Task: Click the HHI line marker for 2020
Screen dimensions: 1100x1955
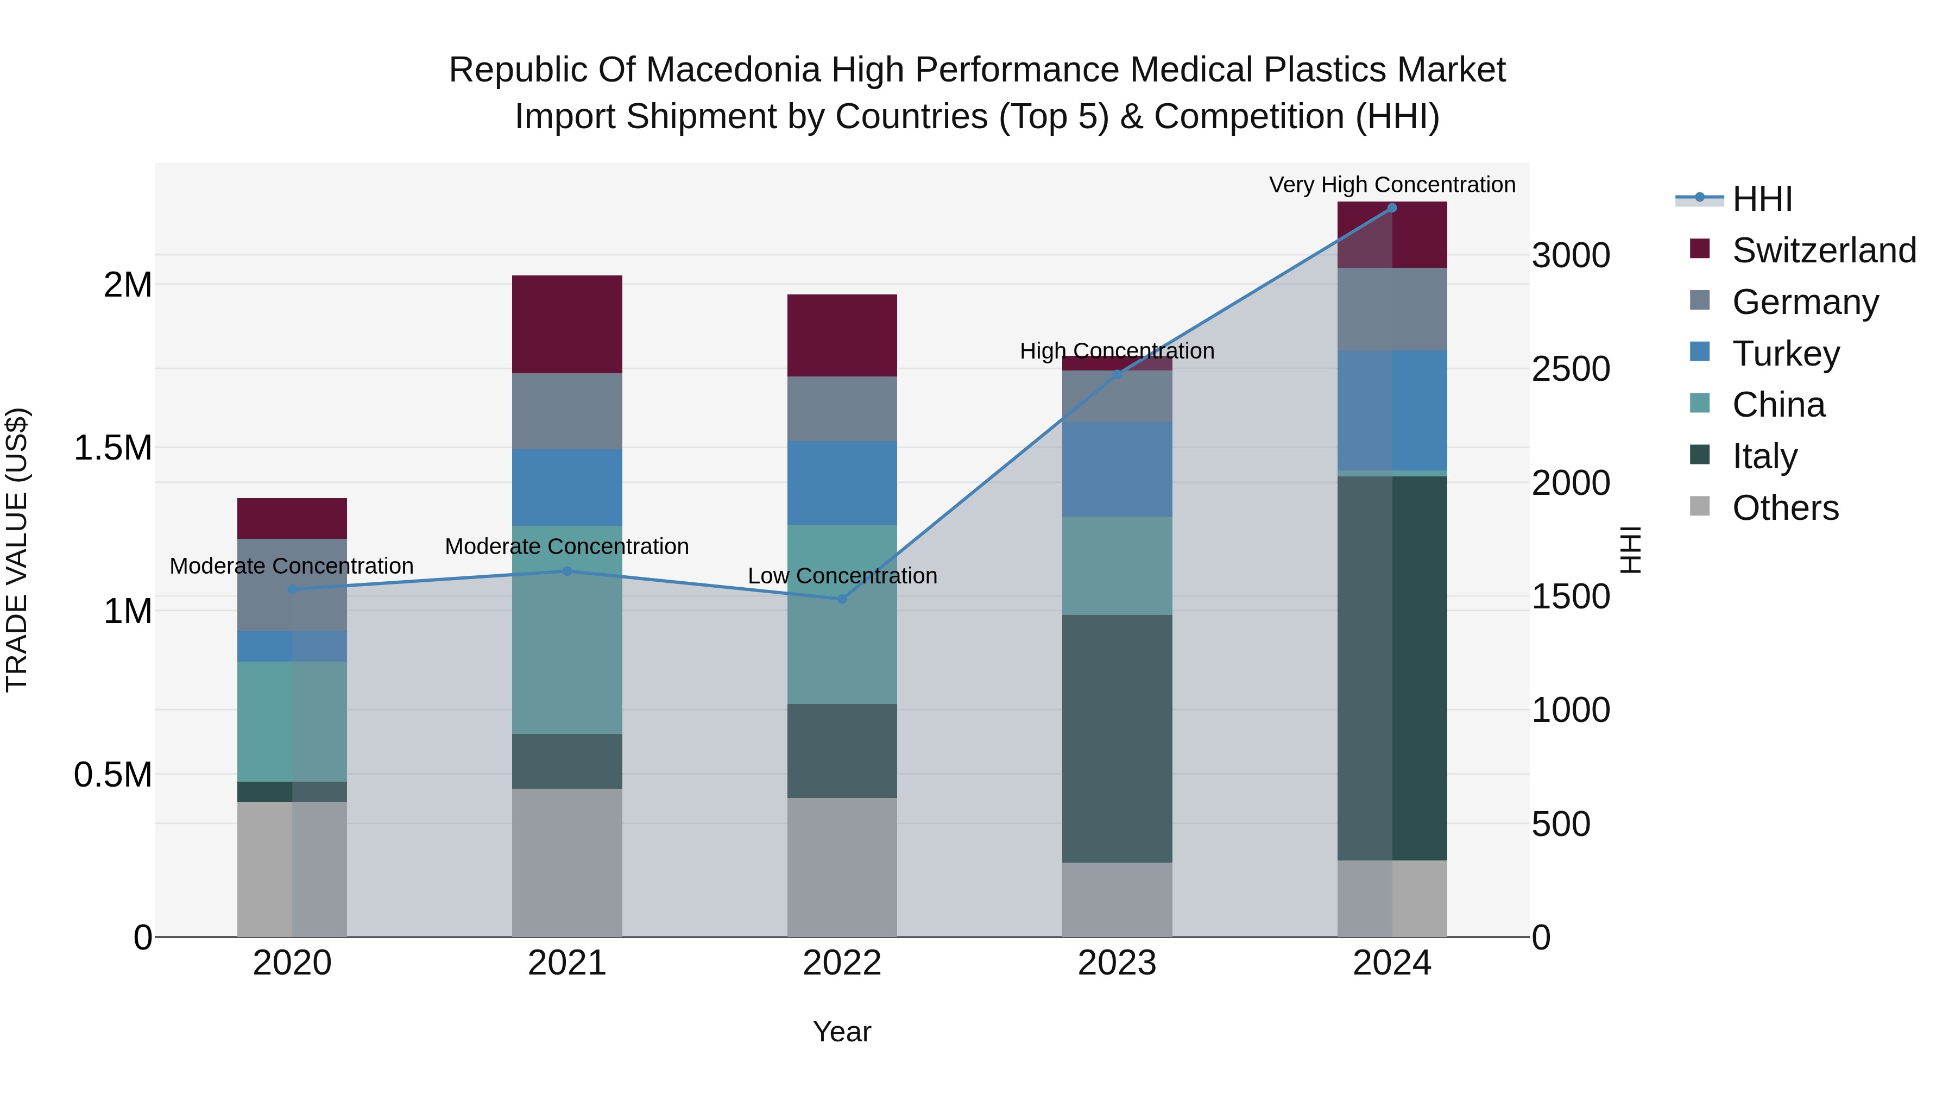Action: click(x=292, y=589)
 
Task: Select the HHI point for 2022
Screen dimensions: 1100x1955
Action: click(x=842, y=599)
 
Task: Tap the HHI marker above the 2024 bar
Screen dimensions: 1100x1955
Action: click(x=1392, y=208)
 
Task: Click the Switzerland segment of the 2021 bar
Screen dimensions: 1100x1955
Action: click(x=567, y=324)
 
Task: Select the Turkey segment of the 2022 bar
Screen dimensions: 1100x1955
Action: click(x=842, y=483)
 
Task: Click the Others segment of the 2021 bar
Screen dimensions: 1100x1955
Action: click(x=567, y=863)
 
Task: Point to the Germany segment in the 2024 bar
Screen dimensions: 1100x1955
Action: click(x=1392, y=309)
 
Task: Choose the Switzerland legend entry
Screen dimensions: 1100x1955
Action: click(x=1823, y=250)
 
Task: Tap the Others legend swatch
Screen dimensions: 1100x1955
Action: click(x=1700, y=506)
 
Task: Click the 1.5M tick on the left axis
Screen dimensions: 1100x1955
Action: click(x=112, y=448)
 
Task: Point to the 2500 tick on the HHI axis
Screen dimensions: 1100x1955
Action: click(x=1570, y=369)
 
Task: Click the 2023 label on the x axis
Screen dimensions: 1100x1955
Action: click(x=1117, y=963)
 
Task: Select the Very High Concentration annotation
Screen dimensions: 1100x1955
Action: click(x=1392, y=185)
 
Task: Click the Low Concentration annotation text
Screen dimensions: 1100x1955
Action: click(x=842, y=575)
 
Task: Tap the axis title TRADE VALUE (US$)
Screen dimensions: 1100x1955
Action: click(x=17, y=550)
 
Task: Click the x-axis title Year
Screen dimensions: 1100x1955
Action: click(x=842, y=1032)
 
